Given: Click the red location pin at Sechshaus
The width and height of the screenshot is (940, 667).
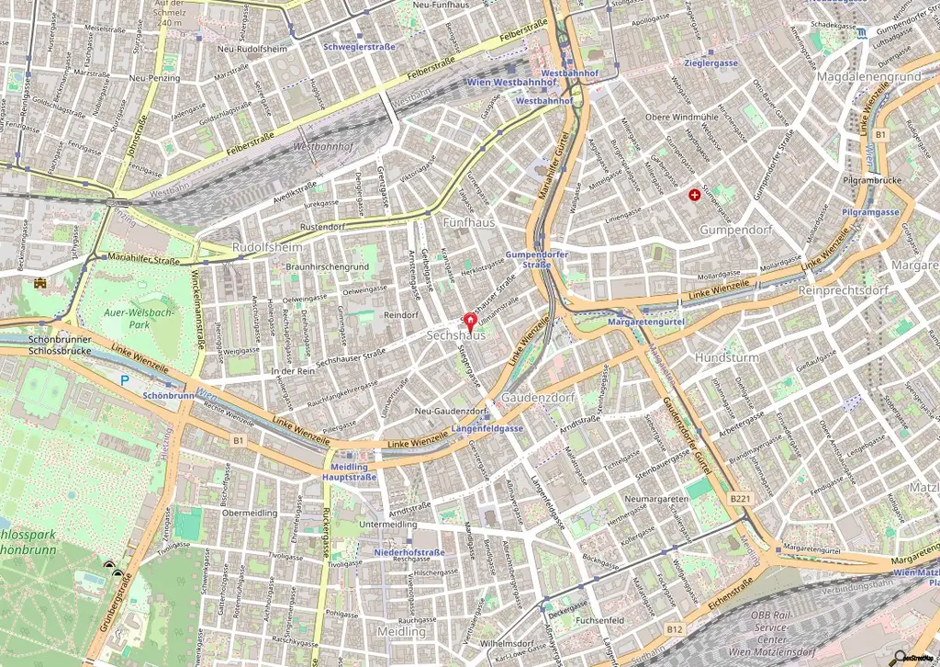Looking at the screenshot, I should point(471,322).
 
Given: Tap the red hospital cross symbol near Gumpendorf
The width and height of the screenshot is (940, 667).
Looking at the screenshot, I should point(694,195).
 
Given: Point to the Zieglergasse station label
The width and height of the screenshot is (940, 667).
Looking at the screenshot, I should point(711,62).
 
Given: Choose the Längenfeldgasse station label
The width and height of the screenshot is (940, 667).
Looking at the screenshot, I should point(487,429).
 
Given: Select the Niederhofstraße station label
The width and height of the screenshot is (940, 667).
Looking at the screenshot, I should point(409,552).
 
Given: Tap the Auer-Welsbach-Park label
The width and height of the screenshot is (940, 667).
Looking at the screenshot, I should point(127,318).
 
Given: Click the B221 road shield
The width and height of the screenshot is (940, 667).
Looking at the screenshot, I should point(741,497).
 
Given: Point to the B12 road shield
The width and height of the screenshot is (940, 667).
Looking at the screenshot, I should point(675,628).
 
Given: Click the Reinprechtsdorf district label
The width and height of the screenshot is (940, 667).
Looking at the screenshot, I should point(844,290).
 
